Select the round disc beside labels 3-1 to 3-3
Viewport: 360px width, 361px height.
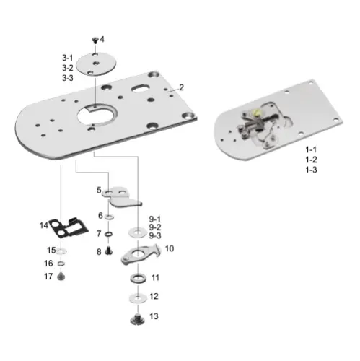[x=95, y=64]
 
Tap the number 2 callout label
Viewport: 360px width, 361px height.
[x=181, y=87]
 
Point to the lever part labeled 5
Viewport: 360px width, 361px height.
[x=118, y=194]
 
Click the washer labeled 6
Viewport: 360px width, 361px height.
[x=107, y=217]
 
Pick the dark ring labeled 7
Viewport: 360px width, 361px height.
[x=107, y=234]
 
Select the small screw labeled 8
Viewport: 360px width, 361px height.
[x=108, y=251]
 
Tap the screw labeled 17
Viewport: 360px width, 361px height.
[x=61, y=277]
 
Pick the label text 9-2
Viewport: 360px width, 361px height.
[x=156, y=227]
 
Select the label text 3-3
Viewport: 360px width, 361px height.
[x=67, y=77]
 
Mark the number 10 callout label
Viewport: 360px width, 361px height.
[x=170, y=248]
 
